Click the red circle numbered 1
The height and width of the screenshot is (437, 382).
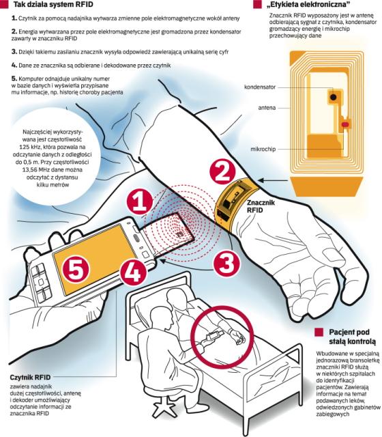[x=140, y=201]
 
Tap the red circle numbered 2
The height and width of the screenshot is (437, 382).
[x=223, y=171]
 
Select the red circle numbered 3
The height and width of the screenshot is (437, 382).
[x=227, y=263]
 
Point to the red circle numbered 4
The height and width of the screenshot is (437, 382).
[x=134, y=272]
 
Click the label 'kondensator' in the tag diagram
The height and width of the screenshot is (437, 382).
[x=260, y=87]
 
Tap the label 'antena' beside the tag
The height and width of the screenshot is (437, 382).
[x=267, y=108]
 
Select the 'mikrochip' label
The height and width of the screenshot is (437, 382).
[x=263, y=149]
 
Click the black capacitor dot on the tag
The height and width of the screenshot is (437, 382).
[x=333, y=97]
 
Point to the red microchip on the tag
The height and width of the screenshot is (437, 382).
[x=345, y=124]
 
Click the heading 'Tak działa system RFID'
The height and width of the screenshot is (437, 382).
[x=53, y=5]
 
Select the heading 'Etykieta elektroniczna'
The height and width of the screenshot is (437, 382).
[x=308, y=5]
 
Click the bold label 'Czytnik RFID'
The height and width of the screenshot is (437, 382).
[x=30, y=378]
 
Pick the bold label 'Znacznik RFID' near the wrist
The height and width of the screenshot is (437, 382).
[x=261, y=206]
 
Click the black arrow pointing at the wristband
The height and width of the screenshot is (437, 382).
[x=273, y=181]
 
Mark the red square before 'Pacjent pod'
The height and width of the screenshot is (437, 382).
[x=319, y=333]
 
